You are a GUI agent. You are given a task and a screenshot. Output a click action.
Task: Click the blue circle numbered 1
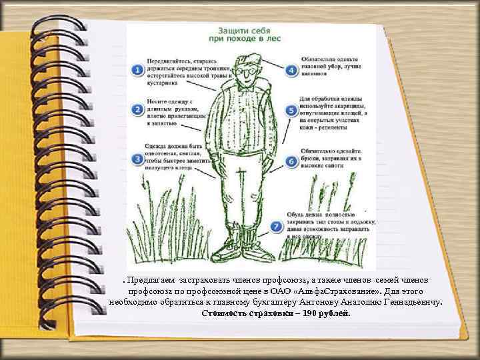[x=137, y=69]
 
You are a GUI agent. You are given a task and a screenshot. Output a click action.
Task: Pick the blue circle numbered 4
[x=291, y=69]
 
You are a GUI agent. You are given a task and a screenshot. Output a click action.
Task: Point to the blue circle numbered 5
[x=291, y=111]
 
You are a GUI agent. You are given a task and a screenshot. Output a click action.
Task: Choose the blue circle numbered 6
[x=291, y=161]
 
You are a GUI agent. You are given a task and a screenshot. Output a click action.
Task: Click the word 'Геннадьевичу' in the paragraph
[x=413, y=302]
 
